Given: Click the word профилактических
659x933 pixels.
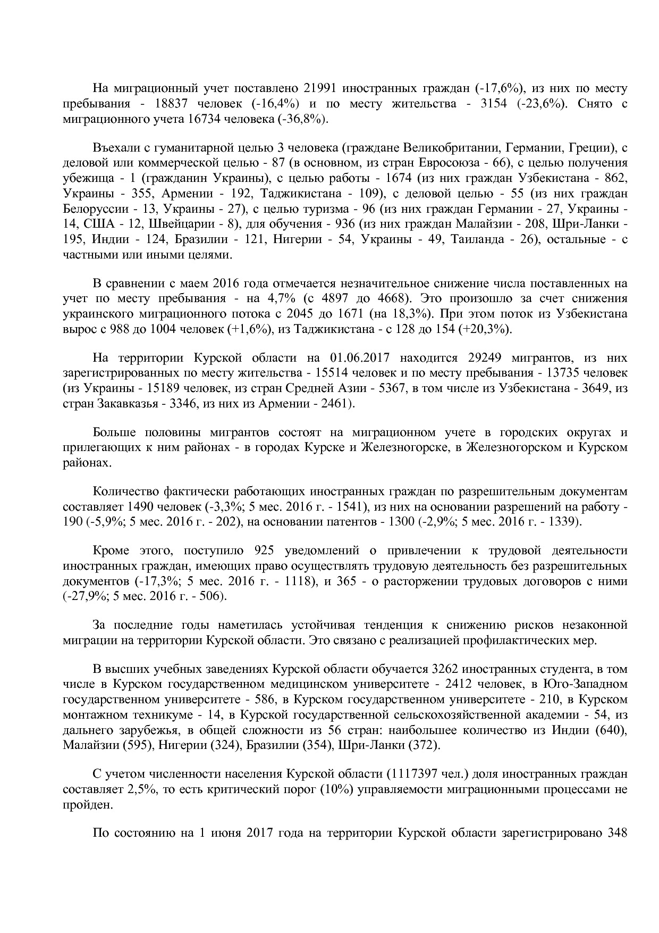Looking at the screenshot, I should point(512,640).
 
